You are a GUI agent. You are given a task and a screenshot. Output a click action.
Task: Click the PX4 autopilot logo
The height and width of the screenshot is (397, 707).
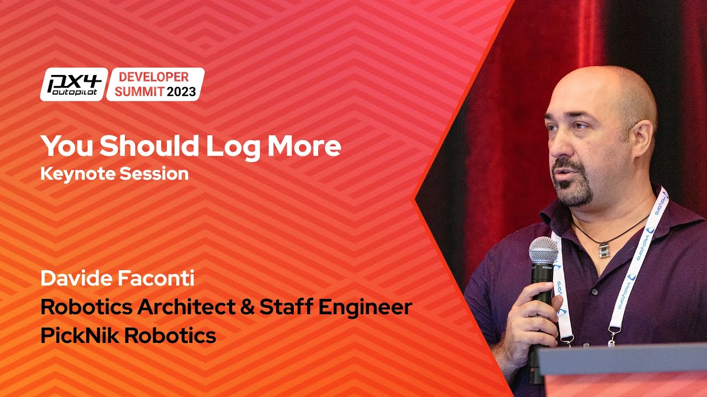click(x=73, y=84)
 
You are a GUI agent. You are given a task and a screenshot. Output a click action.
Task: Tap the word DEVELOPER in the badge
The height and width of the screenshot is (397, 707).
click(x=154, y=77)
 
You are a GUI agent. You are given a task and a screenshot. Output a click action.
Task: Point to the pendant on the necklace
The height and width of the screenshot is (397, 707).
click(x=604, y=249)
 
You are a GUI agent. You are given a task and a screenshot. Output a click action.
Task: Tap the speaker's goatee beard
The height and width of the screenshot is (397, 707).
click(x=574, y=190)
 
